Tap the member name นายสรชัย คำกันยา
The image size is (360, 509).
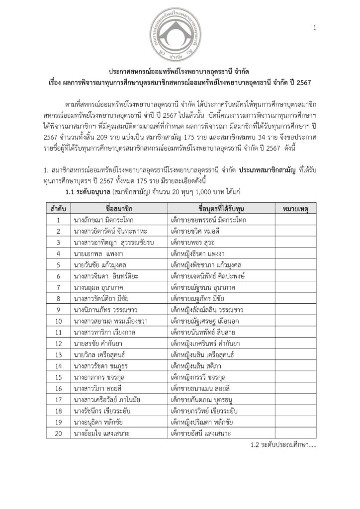100,341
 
